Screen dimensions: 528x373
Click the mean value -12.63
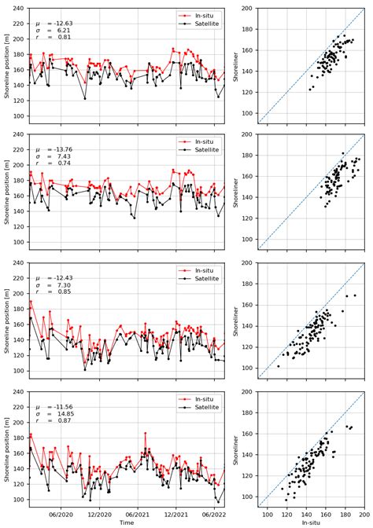[x=63, y=24]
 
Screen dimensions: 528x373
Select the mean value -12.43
[x=63, y=277]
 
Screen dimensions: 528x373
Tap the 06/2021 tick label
[x=138, y=515]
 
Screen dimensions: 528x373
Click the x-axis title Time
[x=126, y=522]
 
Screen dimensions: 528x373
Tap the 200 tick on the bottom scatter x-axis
[x=364, y=515]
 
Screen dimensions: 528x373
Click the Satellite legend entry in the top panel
[x=205, y=24]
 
